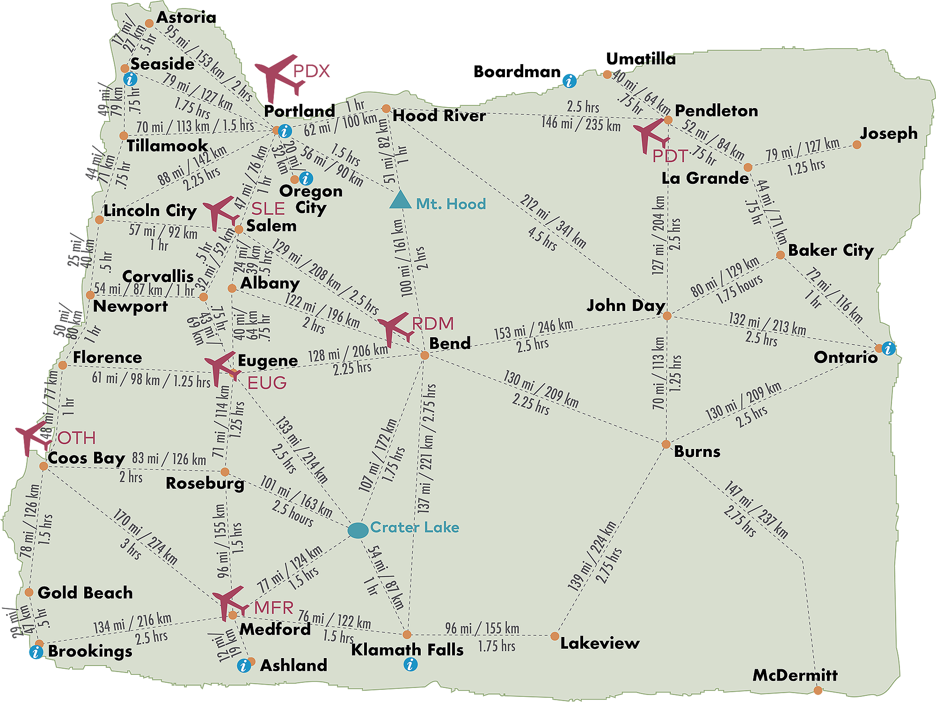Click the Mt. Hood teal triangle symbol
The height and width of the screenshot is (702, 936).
click(400, 200)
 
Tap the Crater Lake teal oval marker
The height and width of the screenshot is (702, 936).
click(358, 530)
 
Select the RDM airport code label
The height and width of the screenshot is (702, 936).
click(433, 324)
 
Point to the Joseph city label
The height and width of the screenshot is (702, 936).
click(888, 134)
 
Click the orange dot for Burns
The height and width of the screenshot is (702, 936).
click(666, 444)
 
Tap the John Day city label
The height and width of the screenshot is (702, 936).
click(626, 306)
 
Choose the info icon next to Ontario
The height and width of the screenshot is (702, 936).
click(888, 348)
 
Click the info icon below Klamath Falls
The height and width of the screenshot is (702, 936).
click(410, 664)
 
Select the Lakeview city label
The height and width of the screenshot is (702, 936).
click(600, 644)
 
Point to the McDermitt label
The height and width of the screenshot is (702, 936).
click(795, 675)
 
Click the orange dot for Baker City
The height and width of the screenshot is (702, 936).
click(780, 255)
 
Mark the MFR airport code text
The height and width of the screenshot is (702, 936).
click(274, 608)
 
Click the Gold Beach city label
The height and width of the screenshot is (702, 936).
click(85, 593)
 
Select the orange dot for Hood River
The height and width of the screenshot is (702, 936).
click(386, 109)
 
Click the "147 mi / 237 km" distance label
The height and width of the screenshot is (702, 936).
click(756, 509)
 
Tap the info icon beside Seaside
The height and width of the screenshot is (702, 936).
click(130, 79)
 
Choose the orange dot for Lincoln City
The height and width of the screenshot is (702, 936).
click(99, 220)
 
